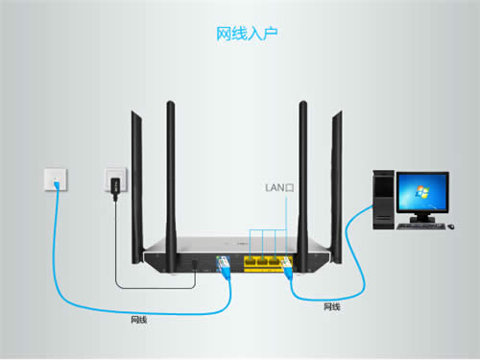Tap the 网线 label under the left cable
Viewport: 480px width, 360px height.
[x=139, y=319]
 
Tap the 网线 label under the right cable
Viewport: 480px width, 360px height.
[x=332, y=306]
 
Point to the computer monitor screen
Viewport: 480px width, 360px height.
[x=421, y=194]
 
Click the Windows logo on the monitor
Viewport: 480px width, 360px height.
[x=421, y=194]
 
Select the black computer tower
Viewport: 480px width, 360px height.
[x=382, y=196]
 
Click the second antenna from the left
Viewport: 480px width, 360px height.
[x=171, y=163]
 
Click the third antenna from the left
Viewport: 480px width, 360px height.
[x=302, y=163]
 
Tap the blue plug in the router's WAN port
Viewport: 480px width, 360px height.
[x=224, y=265]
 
